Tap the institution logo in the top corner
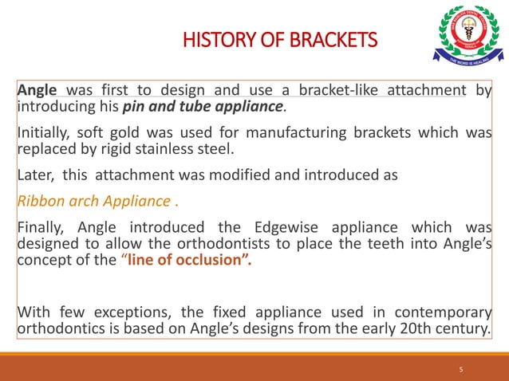[x=468, y=36]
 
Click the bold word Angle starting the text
[x=37, y=90]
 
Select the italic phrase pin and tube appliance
[x=203, y=107]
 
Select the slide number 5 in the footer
[x=461, y=369]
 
